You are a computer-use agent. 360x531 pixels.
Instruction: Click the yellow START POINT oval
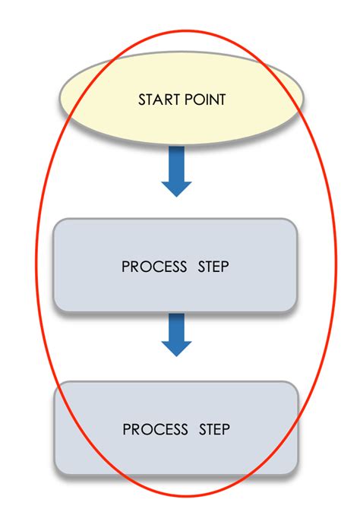(x=182, y=100)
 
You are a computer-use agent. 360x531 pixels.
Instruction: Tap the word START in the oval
(x=157, y=100)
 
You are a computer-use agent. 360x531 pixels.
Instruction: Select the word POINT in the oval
(x=204, y=100)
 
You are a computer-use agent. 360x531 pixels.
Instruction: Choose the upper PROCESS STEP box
(x=175, y=265)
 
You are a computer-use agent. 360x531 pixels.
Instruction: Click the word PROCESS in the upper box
(x=154, y=267)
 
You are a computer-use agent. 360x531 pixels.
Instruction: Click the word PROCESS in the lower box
(x=155, y=430)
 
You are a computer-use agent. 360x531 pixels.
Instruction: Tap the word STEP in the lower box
(x=215, y=430)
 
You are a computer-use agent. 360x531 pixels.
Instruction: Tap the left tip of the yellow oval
(x=61, y=99)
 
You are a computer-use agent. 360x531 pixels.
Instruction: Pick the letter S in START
(x=142, y=100)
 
